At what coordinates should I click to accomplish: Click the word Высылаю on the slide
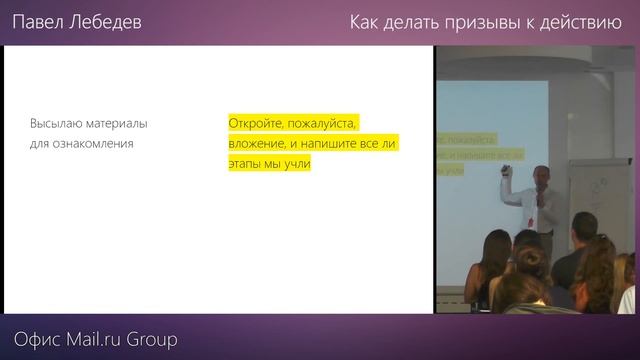(58, 124)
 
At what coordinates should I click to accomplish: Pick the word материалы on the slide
(118, 124)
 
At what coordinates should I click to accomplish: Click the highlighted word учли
(297, 165)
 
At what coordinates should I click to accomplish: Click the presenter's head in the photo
(540, 176)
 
